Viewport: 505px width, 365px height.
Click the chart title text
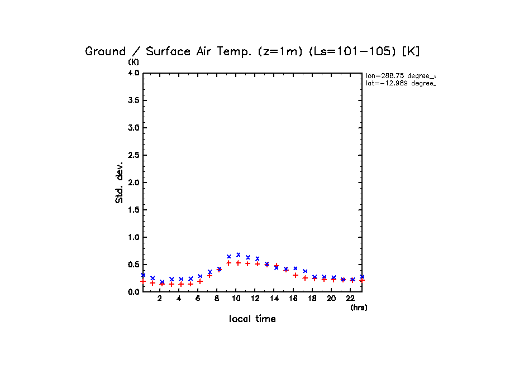coord(252,51)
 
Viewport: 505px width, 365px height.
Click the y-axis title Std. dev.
coord(120,182)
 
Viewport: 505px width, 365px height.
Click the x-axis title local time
coord(252,319)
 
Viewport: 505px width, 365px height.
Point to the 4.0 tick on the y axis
coord(133,73)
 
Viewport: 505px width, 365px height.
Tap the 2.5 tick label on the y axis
coord(133,155)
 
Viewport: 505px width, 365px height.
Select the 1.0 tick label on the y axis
coord(133,237)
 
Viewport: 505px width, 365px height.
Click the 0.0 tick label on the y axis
coord(133,292)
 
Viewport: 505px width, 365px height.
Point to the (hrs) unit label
coord(359,308)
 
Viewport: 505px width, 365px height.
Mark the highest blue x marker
coord(239,254)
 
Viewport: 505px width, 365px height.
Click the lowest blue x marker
coord(162,282)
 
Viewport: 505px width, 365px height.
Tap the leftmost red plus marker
coord(143,281)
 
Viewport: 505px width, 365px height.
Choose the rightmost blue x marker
coord(362,277)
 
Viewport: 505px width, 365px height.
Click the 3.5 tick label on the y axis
coord(133,100)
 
